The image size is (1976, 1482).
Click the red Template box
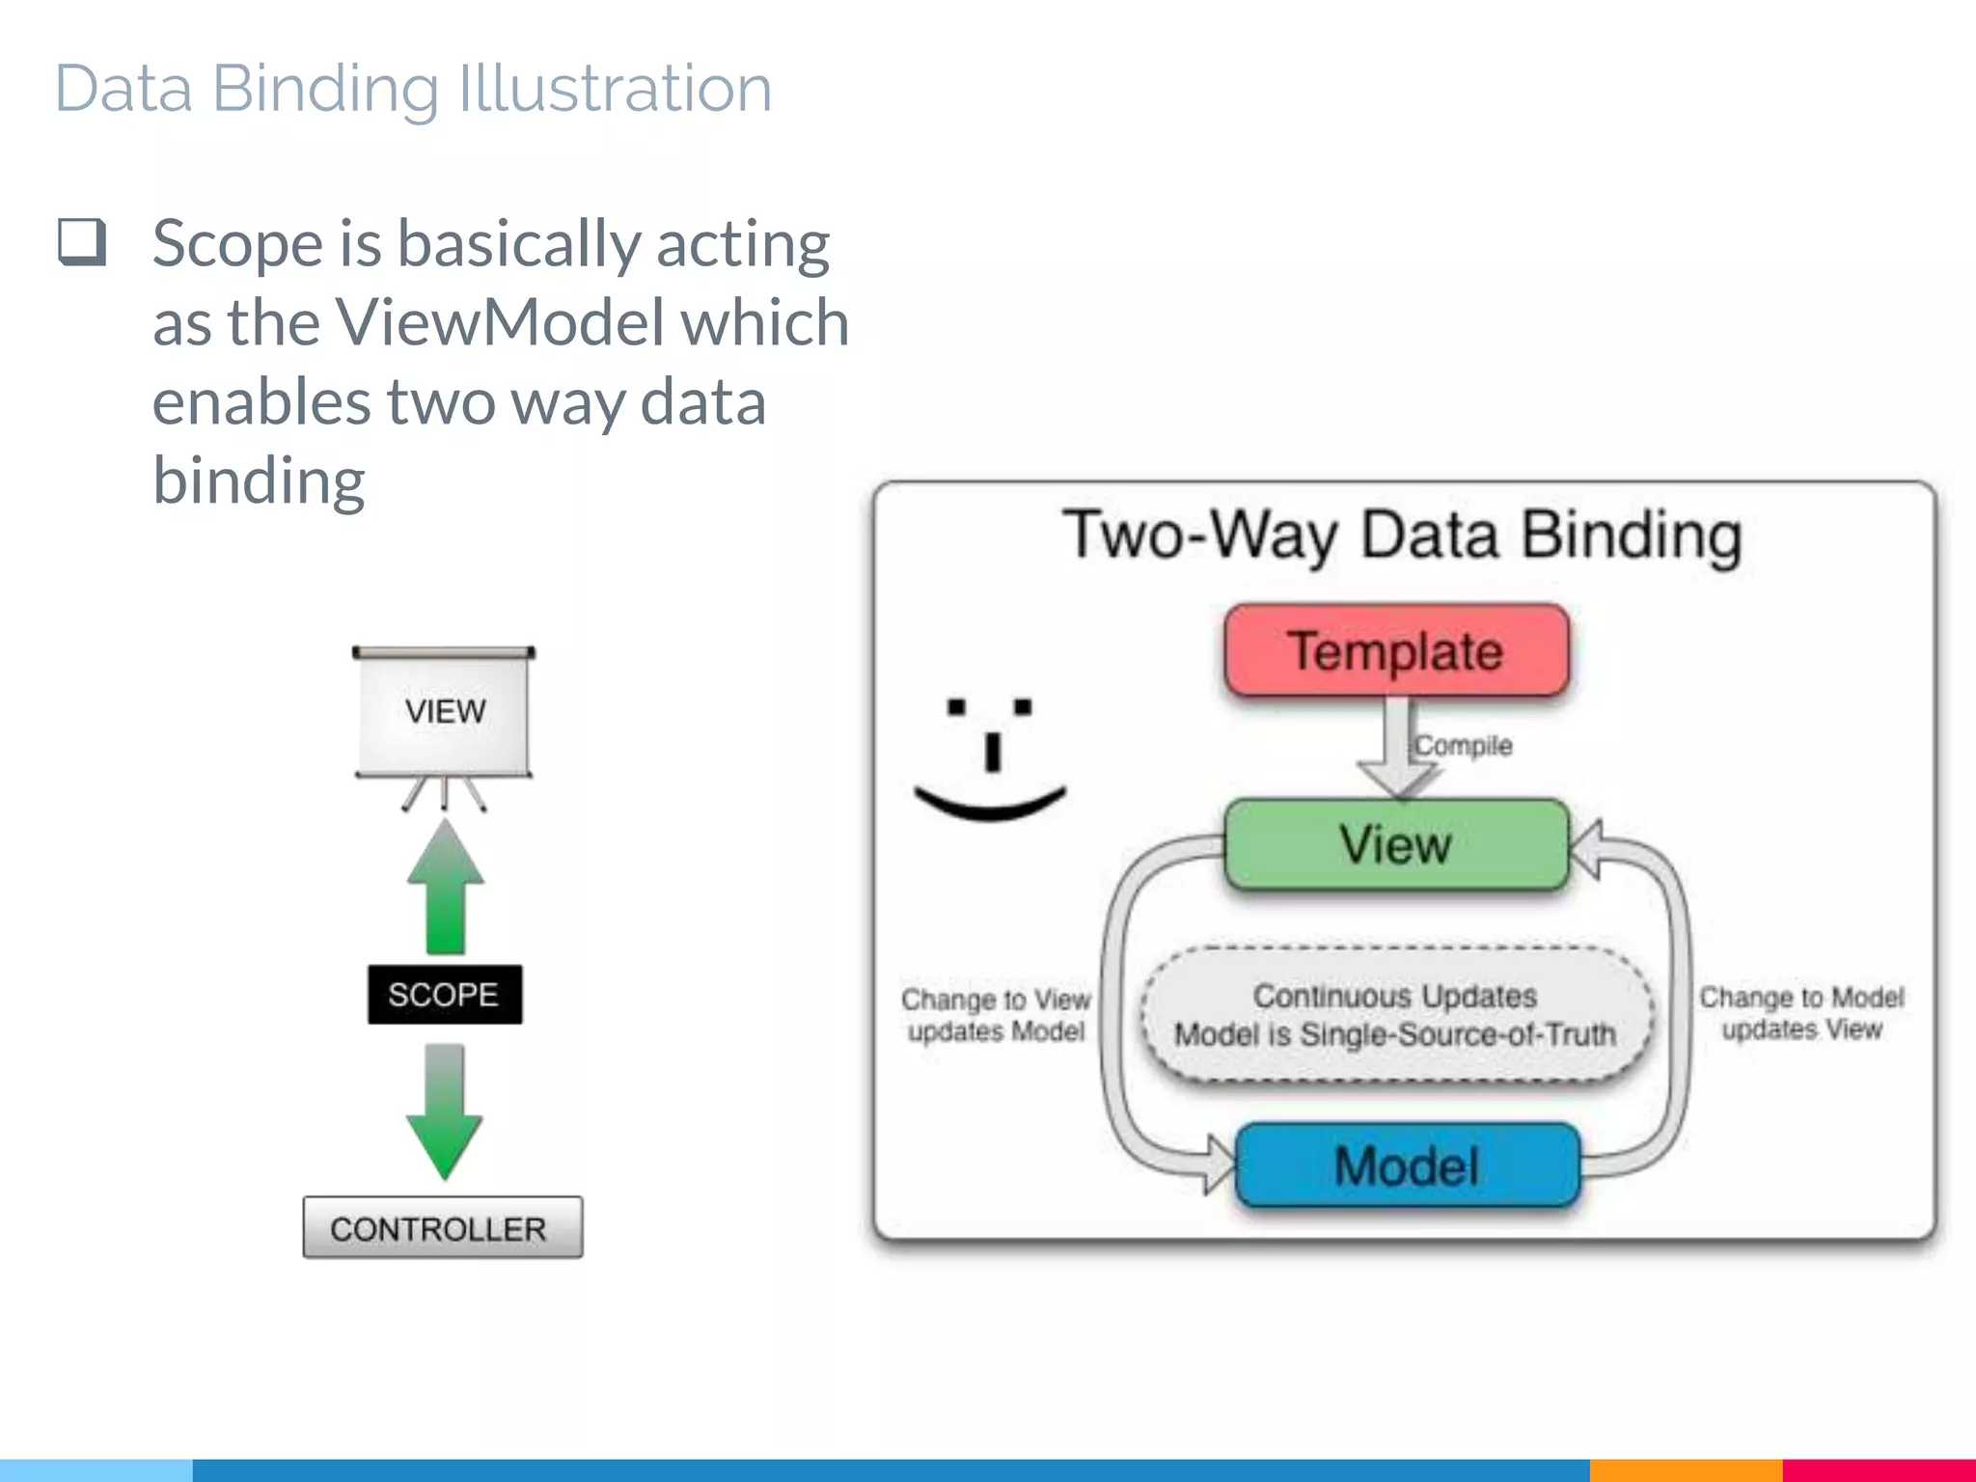point(1396,650)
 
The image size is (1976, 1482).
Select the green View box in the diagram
point(1396,844)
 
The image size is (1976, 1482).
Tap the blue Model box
point(1407,1165)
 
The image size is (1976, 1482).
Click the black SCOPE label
point(444,994)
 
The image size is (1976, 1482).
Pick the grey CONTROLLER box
point(442,1227)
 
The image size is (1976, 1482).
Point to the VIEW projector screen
point(444,712)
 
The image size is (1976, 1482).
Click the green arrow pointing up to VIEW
point(445,888)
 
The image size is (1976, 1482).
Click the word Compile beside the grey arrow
point(1463,745)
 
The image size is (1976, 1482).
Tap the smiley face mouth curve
point(990,805)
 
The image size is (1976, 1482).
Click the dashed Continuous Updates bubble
point(1395,1014)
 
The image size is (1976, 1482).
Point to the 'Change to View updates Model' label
point(996,1015)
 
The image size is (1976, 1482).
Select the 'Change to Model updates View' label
point(1801,1013)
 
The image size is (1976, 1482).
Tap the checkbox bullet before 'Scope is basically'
point(82,241)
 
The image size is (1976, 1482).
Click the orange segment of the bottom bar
point(1685,1469)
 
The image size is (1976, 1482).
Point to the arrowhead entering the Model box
point(1219,1165)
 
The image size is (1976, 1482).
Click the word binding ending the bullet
point(259,480)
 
